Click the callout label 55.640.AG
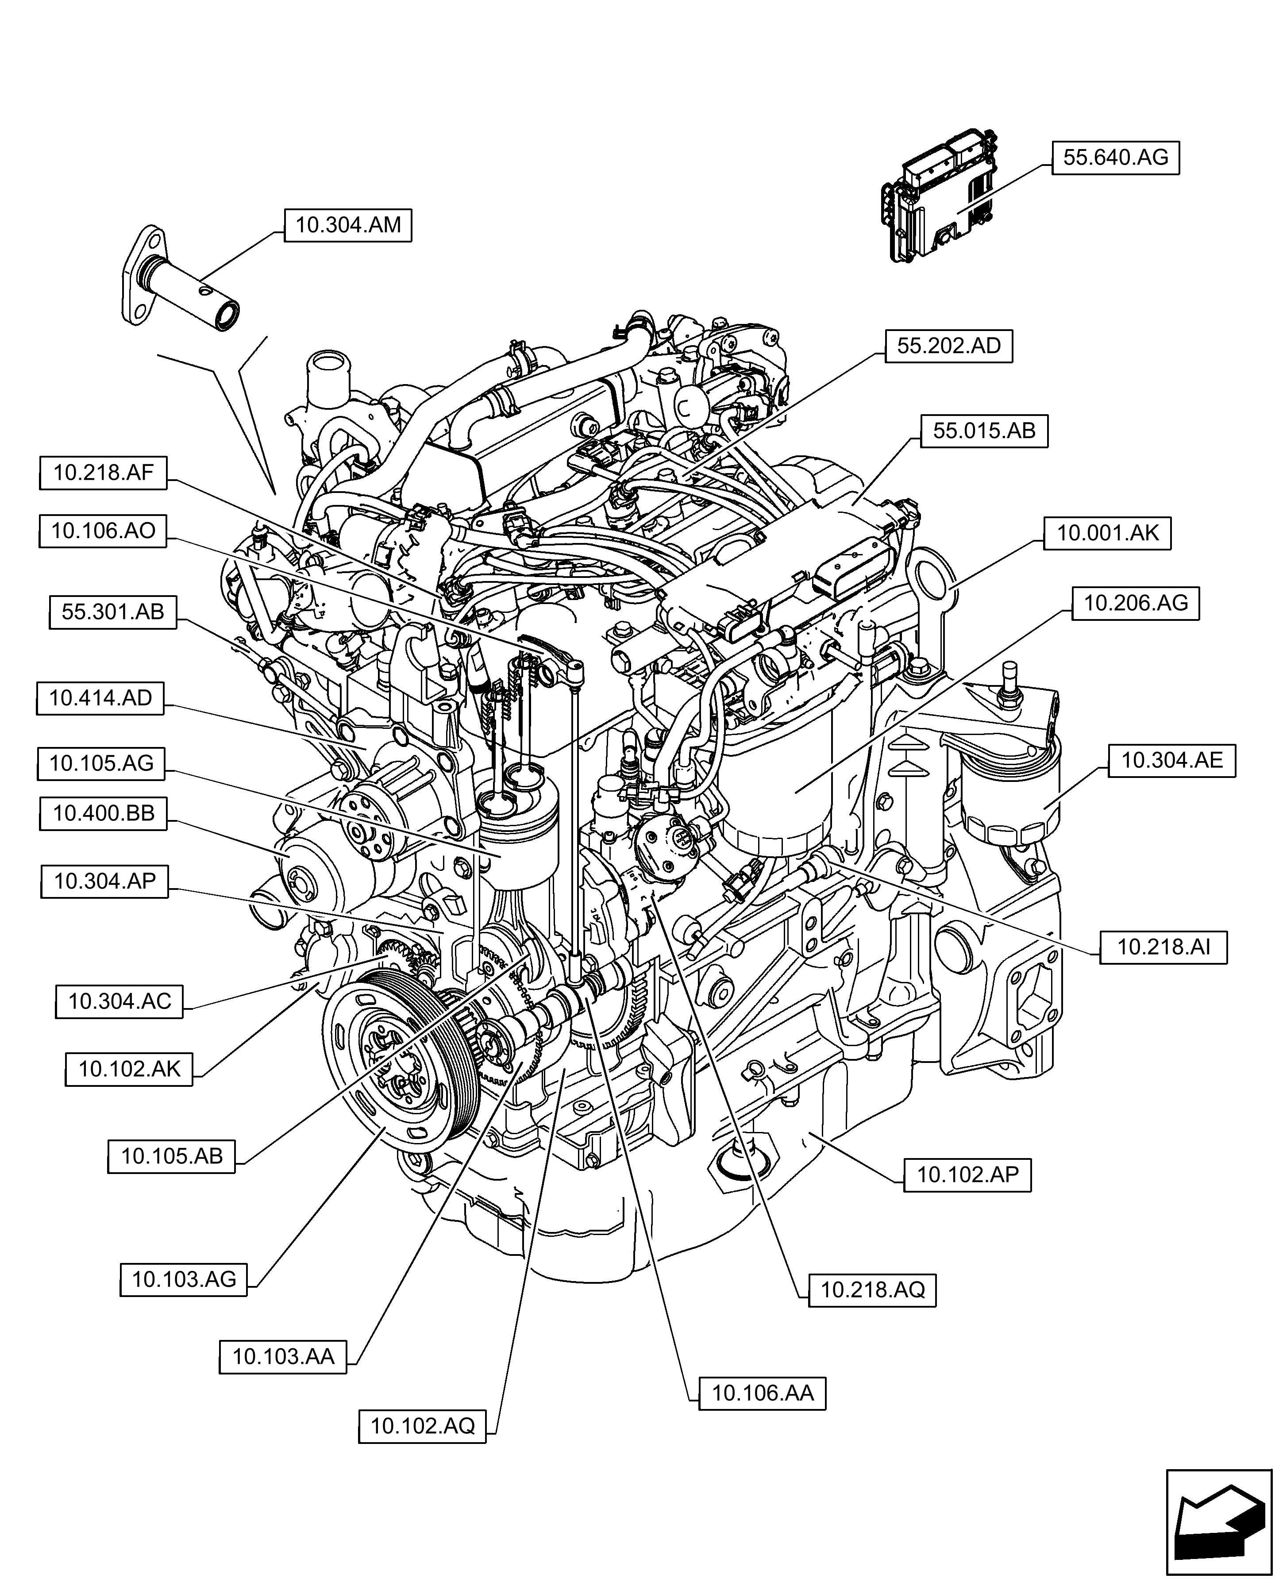[x=1115, y=158]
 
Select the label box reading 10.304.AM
[x=348, y=225]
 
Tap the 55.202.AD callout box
[x=949, y=346]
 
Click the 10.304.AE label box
[x=1172, y=760]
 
